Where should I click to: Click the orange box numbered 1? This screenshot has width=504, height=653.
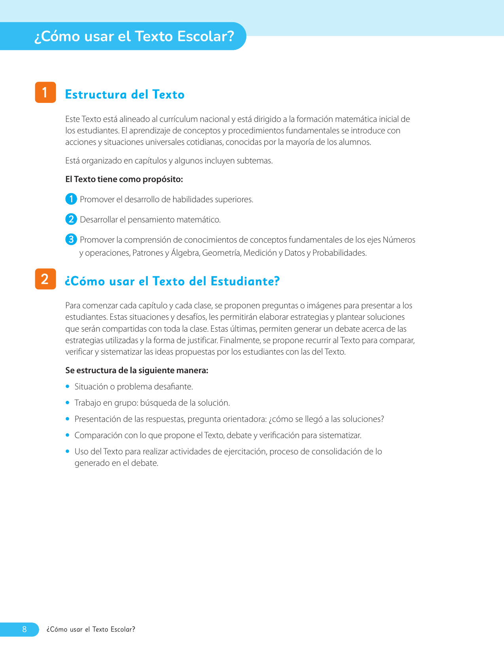45,92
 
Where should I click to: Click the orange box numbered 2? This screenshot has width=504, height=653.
45,279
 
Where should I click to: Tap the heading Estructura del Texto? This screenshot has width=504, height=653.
125,95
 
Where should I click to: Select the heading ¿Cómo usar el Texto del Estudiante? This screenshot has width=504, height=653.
172,281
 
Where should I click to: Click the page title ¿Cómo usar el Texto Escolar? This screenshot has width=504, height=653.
134,36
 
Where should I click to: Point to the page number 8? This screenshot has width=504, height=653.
25,629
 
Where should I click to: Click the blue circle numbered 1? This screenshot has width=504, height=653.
71,199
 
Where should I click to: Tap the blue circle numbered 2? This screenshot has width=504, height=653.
71,219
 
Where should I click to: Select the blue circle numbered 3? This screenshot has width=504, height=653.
71,239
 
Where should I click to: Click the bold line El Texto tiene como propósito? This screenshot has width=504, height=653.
124,179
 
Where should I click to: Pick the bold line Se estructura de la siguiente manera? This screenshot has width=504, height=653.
136,370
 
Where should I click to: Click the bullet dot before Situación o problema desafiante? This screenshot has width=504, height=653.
68,386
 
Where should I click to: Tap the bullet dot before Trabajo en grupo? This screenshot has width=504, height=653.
68,402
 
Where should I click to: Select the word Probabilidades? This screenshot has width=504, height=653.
339,253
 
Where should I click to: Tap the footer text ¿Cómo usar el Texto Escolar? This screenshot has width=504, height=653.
91,629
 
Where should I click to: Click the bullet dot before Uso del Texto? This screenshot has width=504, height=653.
68,451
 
